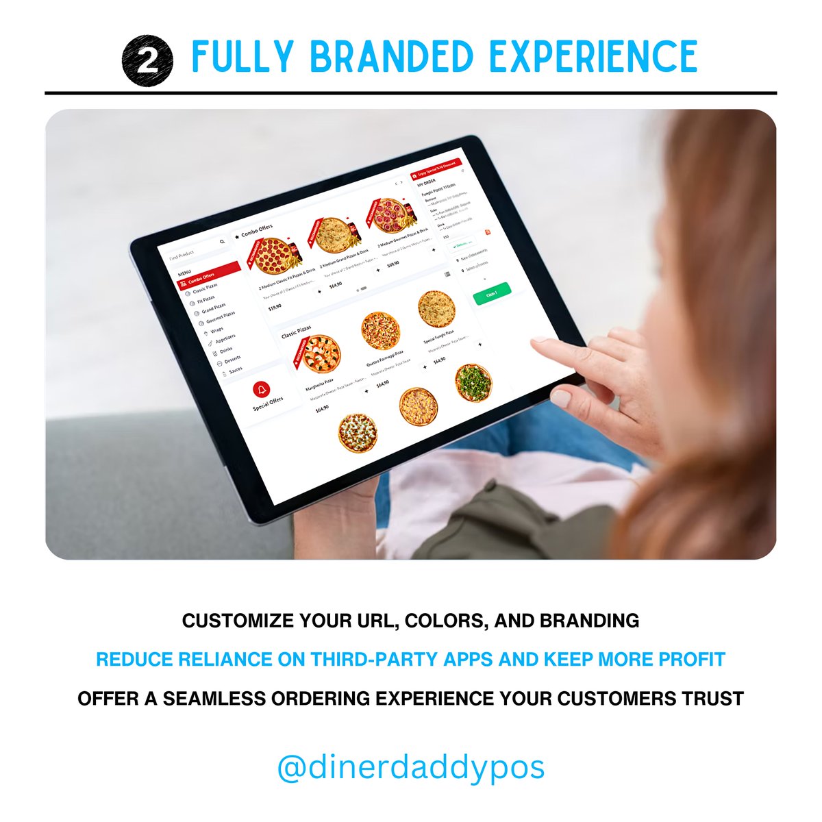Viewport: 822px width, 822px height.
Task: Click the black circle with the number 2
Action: [147, 60]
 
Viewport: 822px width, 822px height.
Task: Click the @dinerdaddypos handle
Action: [411, 767]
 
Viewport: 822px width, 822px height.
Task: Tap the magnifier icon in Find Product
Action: [222, 242]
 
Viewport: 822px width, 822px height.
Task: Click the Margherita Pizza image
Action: [321, 353]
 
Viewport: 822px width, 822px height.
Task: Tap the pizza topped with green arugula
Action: [473, 382]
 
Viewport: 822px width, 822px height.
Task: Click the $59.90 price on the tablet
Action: [275, 308]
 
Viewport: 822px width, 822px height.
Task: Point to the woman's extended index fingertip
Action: [535, 340]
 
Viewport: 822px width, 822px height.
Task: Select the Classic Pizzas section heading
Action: [296, 332]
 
